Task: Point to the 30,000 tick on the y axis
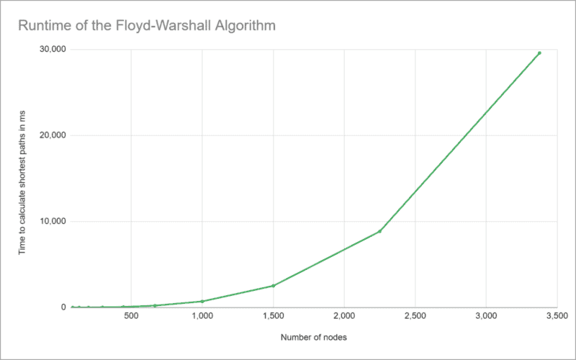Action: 53,50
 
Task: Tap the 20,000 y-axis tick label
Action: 53,135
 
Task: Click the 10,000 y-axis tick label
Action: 53,221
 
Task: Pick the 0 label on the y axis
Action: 63,307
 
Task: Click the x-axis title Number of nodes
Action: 314,337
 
